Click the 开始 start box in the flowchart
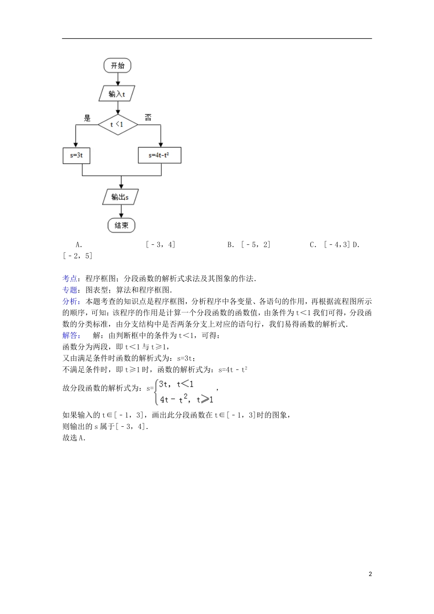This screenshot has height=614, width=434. pos(117,66)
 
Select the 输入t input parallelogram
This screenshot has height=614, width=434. pos(117,94)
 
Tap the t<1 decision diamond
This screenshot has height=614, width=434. pos(117,124)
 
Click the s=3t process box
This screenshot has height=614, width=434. pos(76,155)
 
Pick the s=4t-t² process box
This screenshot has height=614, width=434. pos(159,155)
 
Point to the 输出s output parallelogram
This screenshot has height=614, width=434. pos(120,197)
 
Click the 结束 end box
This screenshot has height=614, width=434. pos(122,225)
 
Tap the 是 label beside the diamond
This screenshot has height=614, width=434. pos(87,117)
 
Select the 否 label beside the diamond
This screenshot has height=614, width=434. pos(148,117)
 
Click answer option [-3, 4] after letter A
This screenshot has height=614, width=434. pos(160,244)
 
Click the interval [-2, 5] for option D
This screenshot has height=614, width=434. pos(78,256)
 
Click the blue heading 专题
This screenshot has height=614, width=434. pos(71,290)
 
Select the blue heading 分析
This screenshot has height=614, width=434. pos(71,301)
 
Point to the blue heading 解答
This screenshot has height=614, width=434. pos(71,335)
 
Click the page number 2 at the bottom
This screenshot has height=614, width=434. pos(370,574)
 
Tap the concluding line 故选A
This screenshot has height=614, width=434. pos(74,438)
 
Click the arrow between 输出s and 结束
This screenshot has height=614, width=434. pos(122,211)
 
